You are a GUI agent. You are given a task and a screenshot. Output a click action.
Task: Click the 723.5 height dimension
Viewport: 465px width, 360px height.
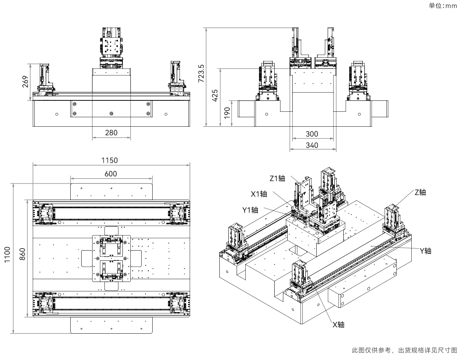[201, 73]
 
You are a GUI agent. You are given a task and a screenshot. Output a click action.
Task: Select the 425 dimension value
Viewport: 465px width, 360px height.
[215, 95]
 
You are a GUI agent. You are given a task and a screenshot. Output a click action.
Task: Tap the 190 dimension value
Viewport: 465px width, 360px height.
[227, 113]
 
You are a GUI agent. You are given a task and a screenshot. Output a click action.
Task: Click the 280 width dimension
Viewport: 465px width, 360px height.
[111, 133]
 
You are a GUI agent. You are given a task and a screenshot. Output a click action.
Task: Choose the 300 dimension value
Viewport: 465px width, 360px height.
[312, 134]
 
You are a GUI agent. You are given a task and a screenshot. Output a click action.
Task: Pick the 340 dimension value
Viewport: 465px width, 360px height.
[312, 145]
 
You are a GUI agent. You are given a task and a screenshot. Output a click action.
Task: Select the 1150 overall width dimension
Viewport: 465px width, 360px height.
[109, 160]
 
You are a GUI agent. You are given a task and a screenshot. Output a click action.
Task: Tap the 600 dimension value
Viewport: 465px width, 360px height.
[111, 174]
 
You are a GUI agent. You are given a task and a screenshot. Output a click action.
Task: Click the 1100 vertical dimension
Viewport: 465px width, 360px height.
[7, 255]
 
